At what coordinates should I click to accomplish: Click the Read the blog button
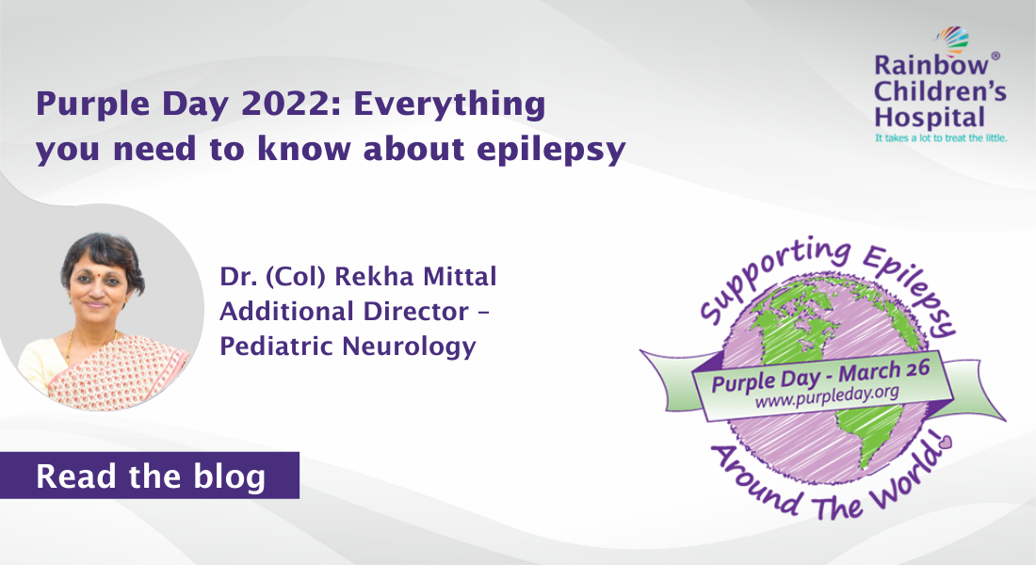pos(150,476)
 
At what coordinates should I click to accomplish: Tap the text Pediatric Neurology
pos(347,346)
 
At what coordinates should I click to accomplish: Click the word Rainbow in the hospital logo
pos(917,67)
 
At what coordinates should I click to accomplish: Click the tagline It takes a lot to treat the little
pos(940,137)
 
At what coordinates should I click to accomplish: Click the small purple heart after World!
pos(946,441)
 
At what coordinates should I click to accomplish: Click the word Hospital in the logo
pos(916,118)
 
